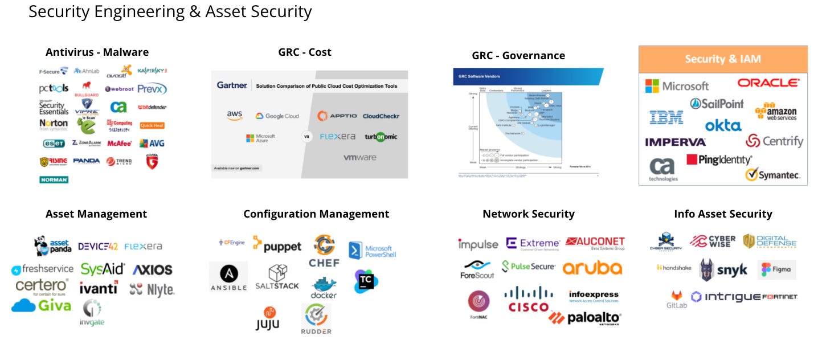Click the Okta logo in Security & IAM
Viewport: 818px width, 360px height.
tap(723, 125)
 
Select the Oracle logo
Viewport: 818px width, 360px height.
tap(768, 83)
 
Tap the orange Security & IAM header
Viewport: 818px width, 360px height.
tap(722, 59)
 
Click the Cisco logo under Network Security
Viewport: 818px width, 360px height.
tap(528, 300)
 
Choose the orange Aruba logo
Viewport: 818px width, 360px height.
tap(592, 268)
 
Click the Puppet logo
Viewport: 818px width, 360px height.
tap(277, 245)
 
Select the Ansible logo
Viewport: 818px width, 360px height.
tap(228, 277)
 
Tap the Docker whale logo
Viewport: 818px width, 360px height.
tap(324, 288)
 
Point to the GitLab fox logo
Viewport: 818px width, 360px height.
tap(676, 299)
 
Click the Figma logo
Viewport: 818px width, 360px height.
tap(776, 269)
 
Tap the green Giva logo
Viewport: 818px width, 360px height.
tap(42, 306)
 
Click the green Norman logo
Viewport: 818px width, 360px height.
tap(54, 179)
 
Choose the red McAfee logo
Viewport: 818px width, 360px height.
tap(118, 144)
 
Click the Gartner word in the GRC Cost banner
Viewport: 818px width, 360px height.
tap(232, 85)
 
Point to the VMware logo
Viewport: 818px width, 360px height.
tap(359, 158)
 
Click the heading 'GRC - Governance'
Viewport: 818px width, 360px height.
tap(518, 56)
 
